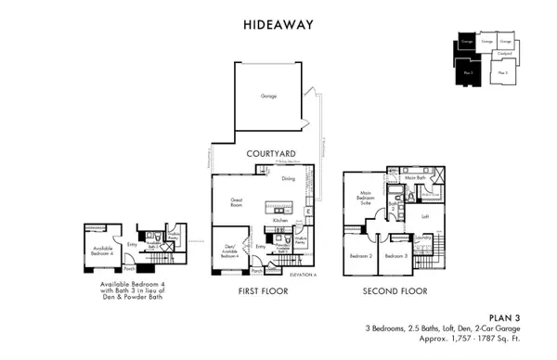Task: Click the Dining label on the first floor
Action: (288, 179)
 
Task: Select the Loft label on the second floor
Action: (425, 216)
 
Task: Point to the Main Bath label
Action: (415, 177)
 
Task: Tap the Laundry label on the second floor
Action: (424, 238)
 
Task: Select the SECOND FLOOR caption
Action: (393, 291)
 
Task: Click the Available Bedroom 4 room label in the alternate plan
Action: (101, 251)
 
